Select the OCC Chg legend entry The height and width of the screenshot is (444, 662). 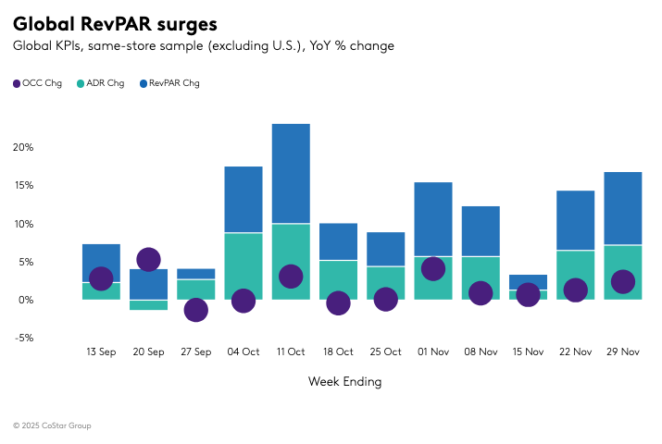[x=38, y=83]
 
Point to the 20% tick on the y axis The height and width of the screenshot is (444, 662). [x=23, y=147]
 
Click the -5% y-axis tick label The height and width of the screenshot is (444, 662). [x=23, y=338]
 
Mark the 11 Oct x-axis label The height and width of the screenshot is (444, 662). [x=291, y=351]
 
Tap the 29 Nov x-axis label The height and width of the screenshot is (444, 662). [x=623, y=351]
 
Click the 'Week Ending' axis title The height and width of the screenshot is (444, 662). [x=344, y=381]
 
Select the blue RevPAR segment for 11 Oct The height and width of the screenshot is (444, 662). [x=291, y=173]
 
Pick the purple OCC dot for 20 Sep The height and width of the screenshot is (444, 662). [x=148, y=260]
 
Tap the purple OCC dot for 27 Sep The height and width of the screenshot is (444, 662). [x=195, y=310]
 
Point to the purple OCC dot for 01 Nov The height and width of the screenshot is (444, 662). [x=433, y=268]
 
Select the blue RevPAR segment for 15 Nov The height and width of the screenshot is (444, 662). [x=528, y=281]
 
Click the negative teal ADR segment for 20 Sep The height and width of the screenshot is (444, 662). [x=148, y=304]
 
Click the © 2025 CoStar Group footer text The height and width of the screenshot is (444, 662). [x=52, y=425]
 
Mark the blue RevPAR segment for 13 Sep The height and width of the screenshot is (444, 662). [x=101, y=259]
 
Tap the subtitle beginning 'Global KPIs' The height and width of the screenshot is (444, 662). [x=203, y=45]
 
